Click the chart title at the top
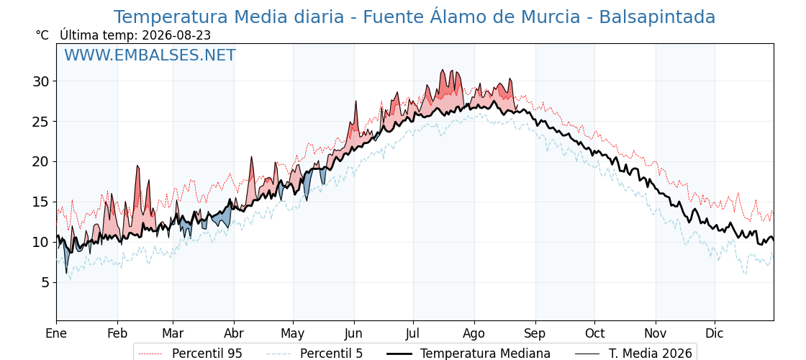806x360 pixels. click(x=415, y=17)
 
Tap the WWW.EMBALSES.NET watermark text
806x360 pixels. click(x=150, y=55)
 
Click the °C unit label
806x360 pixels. click(x=42, y=35)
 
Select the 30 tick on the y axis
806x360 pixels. click(x=42, y=81)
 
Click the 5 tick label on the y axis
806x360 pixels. click(x=46, y=282)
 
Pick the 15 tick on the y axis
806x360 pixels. click(x=42, y=202)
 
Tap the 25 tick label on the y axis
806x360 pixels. click(x=42, y=122)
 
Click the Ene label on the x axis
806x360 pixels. click(x=57, y=333)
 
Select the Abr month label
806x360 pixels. click(x=235, y=333)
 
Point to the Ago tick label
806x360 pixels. click(x=474, y=333)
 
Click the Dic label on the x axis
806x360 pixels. click(x=715, y=333)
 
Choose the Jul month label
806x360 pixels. click(x=413, y=333)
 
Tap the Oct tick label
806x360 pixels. click(x=594, y=333)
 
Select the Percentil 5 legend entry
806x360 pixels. click(x=315, y=354)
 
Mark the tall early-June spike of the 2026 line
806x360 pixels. click(x=356, y=102)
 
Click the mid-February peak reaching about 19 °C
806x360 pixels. click(x=137, y=166)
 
